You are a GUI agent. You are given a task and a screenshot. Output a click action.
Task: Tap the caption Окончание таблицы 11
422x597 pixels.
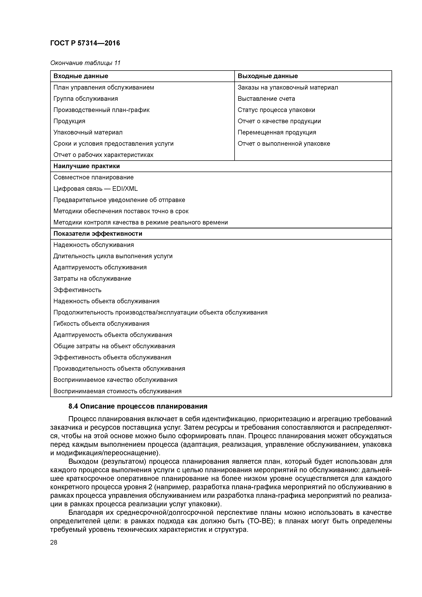coord(85,63)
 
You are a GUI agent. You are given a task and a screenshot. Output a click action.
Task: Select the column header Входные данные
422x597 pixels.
coord(81,76)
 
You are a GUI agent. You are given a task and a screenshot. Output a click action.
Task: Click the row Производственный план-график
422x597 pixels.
coord(101,110)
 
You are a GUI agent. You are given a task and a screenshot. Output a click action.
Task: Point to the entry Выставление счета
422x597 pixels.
coord(266,99)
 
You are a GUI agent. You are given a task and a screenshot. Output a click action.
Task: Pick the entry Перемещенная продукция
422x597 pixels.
coord(277,132)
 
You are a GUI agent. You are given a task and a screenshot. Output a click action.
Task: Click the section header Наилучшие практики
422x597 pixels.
coord(87,166)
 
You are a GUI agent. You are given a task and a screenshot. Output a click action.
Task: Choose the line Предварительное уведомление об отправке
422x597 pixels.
coord(119,200)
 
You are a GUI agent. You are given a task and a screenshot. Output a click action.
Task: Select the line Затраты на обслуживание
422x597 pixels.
coord(92,279)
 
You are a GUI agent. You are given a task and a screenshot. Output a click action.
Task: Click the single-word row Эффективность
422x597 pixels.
coord(77,290)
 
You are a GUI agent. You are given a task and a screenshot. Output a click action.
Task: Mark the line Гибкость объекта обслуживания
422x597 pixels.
coord(101,324)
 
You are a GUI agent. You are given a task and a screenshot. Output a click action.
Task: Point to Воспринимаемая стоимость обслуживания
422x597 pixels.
coord(117,391)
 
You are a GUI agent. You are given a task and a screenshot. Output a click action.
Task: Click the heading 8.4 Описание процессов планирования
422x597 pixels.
coord(138,406)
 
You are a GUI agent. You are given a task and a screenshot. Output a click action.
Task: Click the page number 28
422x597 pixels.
coord(54,542)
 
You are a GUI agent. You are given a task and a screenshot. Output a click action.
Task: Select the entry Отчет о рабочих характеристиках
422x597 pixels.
coord(103,155)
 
